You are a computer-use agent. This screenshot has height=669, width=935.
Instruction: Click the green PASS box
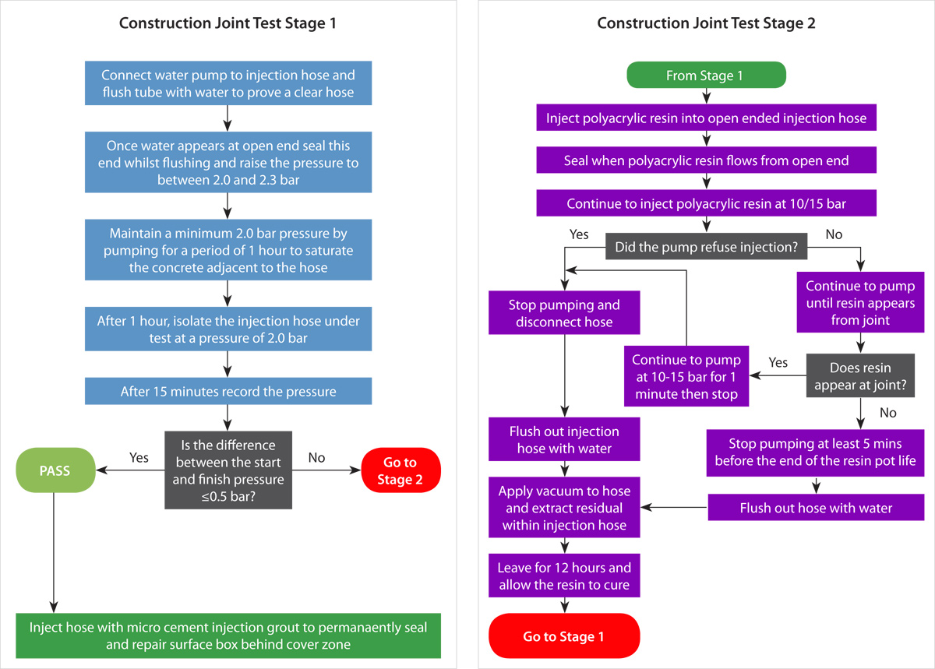click(54, 470)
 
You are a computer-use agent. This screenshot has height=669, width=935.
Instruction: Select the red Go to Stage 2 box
click(400, 470)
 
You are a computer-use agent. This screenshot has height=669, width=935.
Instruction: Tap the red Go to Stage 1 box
click(563, 636)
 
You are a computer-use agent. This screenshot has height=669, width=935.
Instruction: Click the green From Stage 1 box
click(706, 76)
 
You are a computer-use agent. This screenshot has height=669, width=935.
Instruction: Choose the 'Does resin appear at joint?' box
click(860, 376)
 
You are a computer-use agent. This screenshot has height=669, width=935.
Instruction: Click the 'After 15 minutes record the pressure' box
click(228, 391)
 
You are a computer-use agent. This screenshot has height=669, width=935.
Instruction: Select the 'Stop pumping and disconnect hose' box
click(564, 313)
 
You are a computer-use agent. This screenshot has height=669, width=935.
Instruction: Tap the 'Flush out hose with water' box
click(816, 508)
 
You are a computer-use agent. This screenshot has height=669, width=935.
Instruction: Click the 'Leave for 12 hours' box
click(564, 576)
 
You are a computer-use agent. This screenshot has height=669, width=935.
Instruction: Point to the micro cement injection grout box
click(228, 636)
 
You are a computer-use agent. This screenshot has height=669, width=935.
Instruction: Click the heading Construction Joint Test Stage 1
click(228, 23)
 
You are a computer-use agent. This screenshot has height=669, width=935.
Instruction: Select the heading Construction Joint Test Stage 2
click(706, 23)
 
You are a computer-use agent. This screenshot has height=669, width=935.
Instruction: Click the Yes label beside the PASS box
click(139, 458)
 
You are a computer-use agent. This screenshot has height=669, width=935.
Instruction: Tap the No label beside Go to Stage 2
click(316, 458)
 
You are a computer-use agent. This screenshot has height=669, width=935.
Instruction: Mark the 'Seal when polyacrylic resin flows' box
click(706, 161)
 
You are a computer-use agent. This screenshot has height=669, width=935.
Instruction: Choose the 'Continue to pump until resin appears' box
click(860, 302)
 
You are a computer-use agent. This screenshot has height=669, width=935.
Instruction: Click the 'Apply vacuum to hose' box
click(564, 508)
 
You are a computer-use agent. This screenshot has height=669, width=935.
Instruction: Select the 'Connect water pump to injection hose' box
click(228, 84)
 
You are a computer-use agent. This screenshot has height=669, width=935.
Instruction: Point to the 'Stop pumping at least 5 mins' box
click(816, 452)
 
